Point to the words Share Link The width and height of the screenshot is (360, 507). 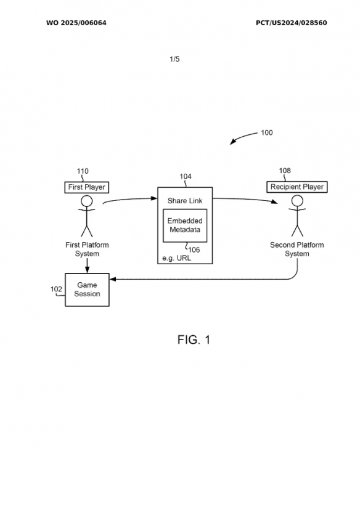[x=185, y=201]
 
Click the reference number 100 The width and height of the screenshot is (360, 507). [x=267, y=132]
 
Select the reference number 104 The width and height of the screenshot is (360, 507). [x=186, y=176]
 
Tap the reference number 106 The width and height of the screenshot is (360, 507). [x=194, y=249]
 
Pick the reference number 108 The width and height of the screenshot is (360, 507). [x=285, y=171]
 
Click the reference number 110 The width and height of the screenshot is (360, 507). [x=83, y=171]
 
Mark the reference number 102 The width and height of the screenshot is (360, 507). [x=56, y=289]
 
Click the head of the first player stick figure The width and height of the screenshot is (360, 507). [x=87, y=201]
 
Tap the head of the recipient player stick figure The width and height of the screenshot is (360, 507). [x=297, y=201]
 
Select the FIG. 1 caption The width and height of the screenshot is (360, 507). [x=194, y=339]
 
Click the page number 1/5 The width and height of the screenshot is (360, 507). [x=174, y=59]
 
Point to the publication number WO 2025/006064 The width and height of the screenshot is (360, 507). [x=76, y=23]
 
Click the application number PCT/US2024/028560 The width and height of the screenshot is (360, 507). [x=292, y=23]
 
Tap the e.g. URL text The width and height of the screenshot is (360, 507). [x=176, y=258]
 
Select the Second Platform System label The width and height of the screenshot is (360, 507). [x=297, y=249]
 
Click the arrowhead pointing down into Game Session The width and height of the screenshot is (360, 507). [x=87, y=270]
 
